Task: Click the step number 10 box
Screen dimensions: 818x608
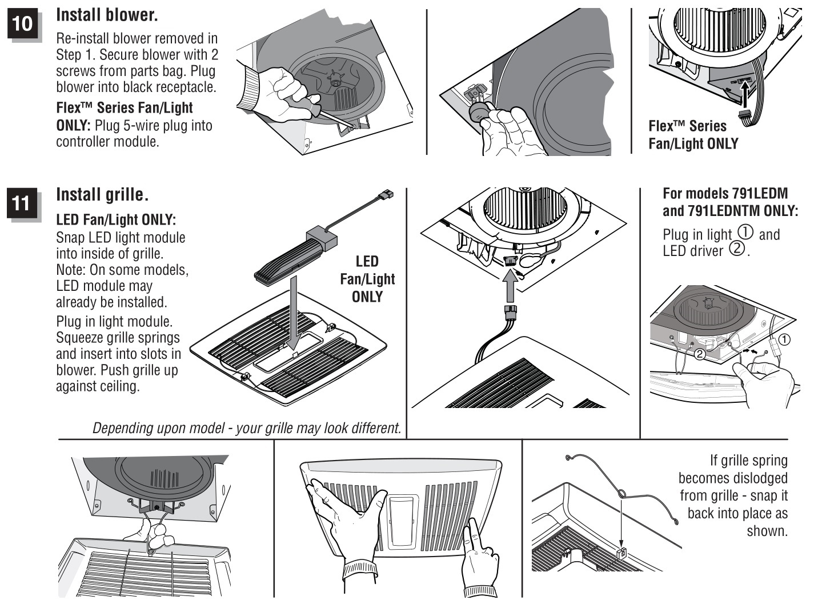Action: tap(22, 23)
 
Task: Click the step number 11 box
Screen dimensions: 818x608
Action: tap(22, 203)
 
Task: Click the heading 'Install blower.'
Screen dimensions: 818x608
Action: tap(107, 15)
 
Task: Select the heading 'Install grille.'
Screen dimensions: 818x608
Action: tap(102, 195)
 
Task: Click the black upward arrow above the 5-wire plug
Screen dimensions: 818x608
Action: tap(745, 95)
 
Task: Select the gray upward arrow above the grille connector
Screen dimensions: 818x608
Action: tap(510, 286)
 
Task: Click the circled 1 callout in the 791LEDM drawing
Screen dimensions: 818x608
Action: tap(784, 339)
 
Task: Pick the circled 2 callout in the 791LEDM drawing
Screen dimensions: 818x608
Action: tap(700, 354)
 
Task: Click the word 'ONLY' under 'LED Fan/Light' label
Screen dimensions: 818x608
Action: tap(367, 297)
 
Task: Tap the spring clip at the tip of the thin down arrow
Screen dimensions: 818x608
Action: tap(621, 553)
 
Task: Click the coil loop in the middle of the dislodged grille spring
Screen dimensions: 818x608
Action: tap(622, 493)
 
